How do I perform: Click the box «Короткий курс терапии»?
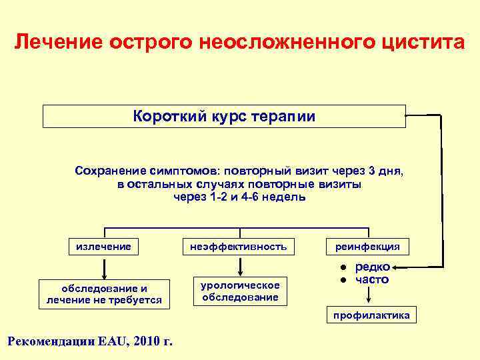tap(224, 117)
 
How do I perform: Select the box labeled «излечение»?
tap(103, 247)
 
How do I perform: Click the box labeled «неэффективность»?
tap(238, 247)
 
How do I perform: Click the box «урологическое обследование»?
tap(239, 291)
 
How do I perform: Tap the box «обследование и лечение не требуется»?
tap(104, 294)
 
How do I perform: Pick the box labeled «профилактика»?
tap(371, 315)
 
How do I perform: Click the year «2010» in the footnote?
tap(148, 341)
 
